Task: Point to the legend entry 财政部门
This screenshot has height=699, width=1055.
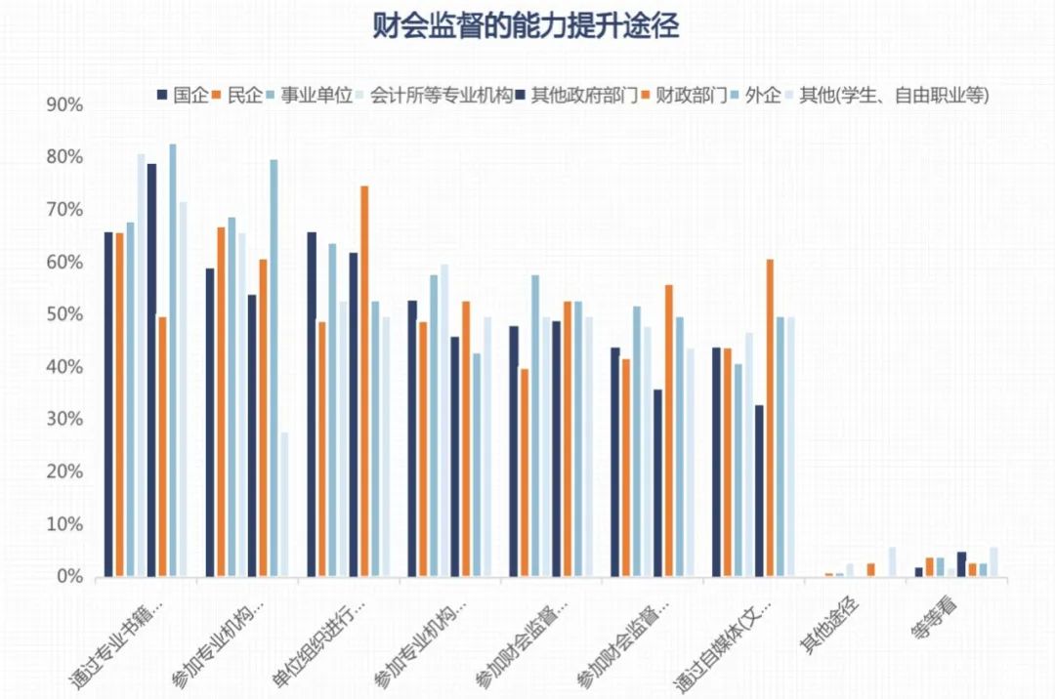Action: (692, 95)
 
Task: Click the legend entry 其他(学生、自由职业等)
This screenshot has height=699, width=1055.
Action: (895, 95)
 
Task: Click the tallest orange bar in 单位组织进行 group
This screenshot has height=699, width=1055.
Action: (364, 381)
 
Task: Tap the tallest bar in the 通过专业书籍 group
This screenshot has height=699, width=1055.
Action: (173, 361)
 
